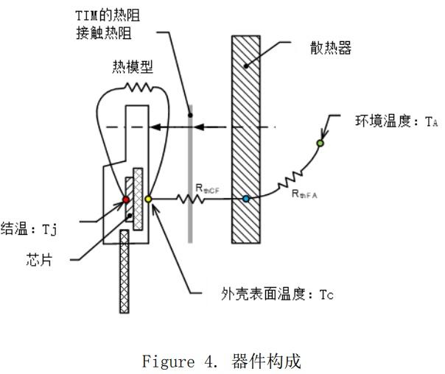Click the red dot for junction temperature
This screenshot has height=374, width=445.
pyautogui.click(x=125, y=200)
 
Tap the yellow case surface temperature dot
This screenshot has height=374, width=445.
pyautogui.click(x=148, y=199)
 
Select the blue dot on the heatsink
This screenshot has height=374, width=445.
pyautogui.click(x=246, y=199)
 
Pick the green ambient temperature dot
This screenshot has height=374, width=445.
pyautogui.click(x=320, y=142)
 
